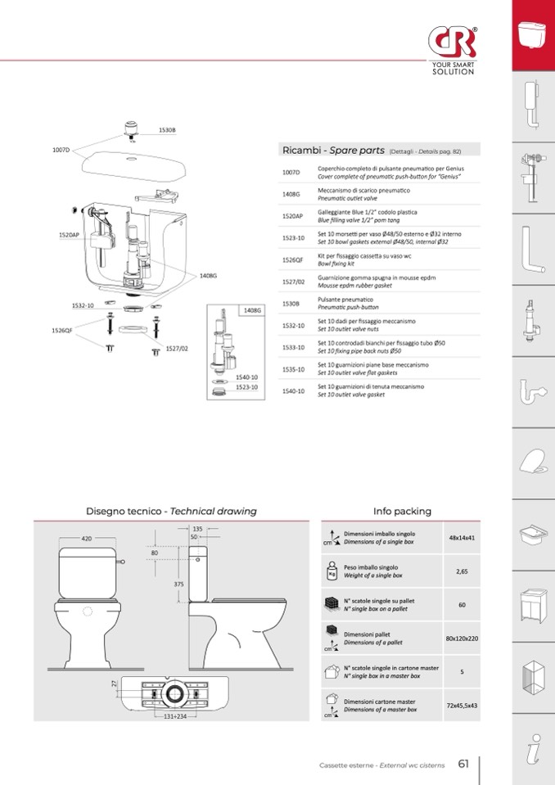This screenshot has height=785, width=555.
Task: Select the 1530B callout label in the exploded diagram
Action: pos(167,130)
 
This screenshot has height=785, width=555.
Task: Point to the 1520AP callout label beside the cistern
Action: pos(69,235)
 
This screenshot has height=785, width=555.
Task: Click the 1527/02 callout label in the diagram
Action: pos(177,349)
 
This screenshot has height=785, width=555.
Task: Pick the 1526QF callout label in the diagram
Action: pos(62,331)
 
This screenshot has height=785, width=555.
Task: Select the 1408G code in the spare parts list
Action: pos(291,194)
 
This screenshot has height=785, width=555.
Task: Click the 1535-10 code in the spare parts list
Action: pos(293,369)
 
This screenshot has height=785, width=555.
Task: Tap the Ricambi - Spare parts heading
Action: pos(333,150)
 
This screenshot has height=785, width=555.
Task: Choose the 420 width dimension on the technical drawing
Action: pos(87,539)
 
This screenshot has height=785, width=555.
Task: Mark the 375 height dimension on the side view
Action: pos(178,584)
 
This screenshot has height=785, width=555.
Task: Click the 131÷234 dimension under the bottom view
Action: pos(175,716)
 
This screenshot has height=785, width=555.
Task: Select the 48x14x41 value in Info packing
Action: pos(462,538)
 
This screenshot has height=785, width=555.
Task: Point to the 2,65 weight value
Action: pos(462,571)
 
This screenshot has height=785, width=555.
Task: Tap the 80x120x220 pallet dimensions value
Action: pos(462,638)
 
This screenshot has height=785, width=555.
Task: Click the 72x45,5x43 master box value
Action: pos(462,706)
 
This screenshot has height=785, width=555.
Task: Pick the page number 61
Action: pos(463,764)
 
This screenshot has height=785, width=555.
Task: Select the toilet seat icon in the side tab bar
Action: pos(533,462)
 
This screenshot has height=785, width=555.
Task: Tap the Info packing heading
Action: pos(402,511)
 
